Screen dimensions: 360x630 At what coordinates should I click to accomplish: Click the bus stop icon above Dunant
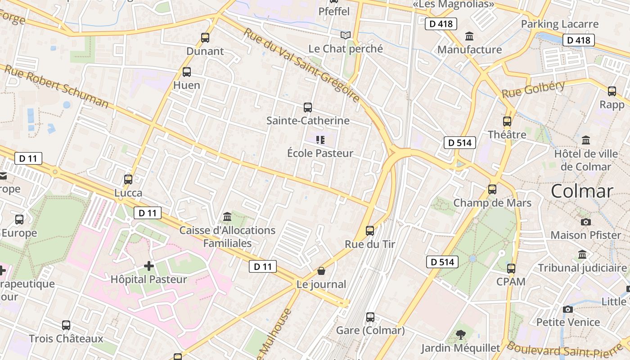[x=205, y=38]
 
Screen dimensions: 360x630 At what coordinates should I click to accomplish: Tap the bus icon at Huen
[x=187, y=72]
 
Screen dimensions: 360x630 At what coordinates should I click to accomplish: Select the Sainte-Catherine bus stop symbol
[x=308, y=108]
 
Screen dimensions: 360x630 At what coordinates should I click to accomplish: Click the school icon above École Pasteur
[x=320, y=140]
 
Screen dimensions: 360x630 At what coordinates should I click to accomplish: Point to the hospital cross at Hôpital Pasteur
[x=149, y=266]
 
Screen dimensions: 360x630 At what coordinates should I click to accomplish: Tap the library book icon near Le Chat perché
[x=346, y=35]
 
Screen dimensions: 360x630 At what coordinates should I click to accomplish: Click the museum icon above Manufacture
[x=469, y=36]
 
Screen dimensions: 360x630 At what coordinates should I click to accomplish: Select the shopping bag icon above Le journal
[x=321, y=271]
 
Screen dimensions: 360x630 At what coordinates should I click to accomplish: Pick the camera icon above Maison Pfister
[x=585, y=222]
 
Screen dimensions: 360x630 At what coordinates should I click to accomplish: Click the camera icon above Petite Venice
[x=568, y=309]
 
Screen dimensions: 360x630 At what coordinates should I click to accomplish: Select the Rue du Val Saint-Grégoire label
[x=301, y=64]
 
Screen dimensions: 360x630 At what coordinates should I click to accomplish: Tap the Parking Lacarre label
[x=560, y=24]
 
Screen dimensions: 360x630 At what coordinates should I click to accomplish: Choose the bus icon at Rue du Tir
[x=370, y=231]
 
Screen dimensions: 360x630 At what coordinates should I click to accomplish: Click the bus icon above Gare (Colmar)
[x=370, y=317]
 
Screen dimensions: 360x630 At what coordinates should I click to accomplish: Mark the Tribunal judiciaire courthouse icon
[x=582, y=255]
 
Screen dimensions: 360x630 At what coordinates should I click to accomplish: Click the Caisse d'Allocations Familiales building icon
[x=227, y=217]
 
